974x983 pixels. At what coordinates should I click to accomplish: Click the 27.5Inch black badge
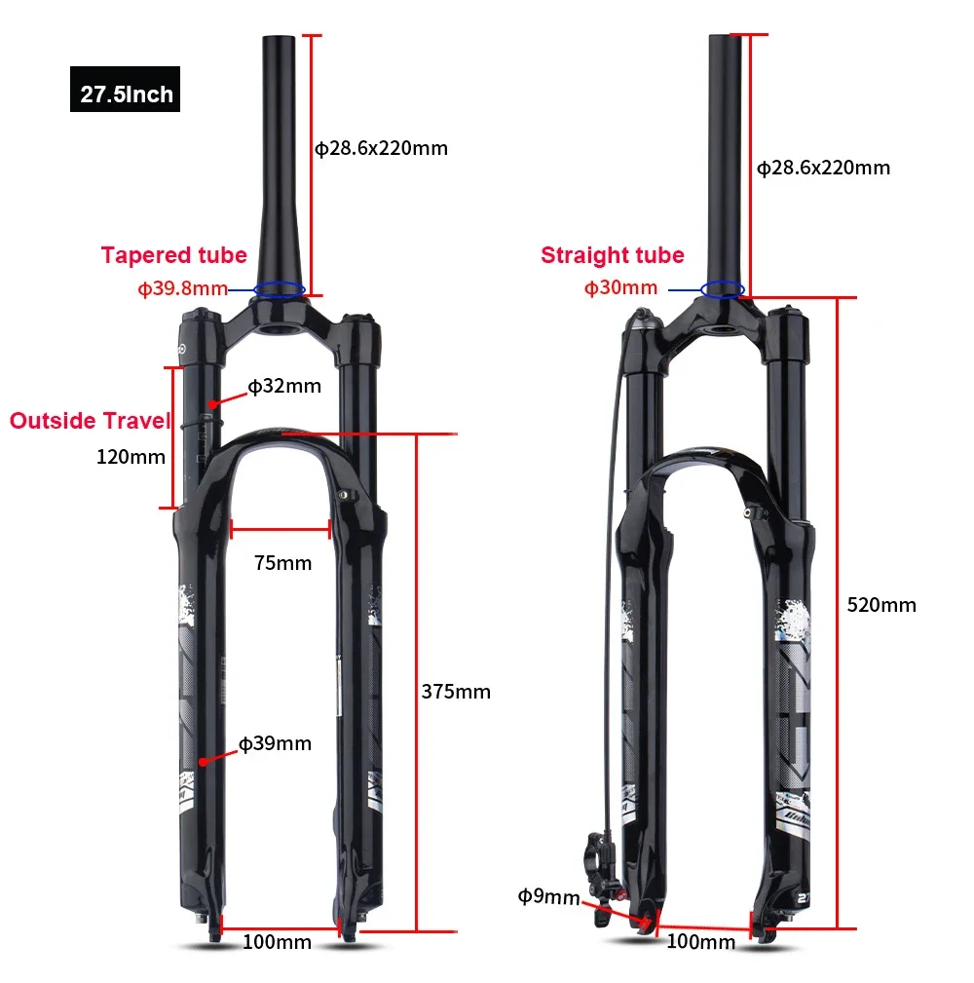126,95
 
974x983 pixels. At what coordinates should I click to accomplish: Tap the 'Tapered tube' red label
173,255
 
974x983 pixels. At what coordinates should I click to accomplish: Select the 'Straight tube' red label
612,255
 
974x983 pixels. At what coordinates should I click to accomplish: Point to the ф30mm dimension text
620,287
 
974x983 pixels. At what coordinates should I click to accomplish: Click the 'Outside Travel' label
90,421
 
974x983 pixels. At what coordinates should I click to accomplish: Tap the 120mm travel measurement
131,456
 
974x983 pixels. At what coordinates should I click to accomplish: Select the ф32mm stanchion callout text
284,386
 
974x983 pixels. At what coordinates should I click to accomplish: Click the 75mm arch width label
282,563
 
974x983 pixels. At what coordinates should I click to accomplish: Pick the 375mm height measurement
456,692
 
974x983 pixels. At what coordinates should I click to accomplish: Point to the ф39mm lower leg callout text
275,743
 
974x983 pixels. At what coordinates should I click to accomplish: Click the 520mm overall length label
881,604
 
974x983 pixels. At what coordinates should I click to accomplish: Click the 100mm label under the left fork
277,942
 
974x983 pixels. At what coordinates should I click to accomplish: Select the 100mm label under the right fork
700,942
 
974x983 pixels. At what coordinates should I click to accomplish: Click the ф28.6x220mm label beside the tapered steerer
381,148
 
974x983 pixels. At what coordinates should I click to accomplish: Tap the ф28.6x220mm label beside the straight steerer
824,168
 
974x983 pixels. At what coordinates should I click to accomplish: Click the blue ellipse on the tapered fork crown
280,289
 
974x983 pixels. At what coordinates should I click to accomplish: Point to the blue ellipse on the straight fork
724,289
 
